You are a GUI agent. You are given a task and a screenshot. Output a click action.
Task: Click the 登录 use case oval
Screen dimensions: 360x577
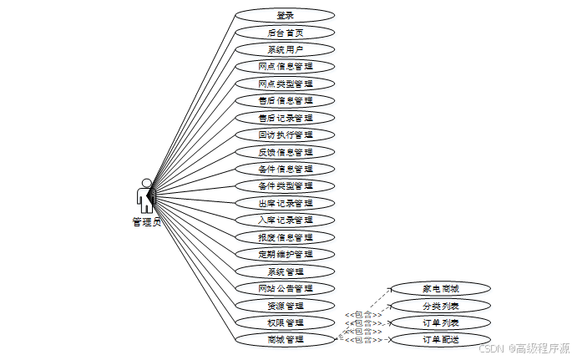pos(285,15)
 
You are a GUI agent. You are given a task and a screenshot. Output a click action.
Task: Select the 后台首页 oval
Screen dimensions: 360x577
pos(285,33)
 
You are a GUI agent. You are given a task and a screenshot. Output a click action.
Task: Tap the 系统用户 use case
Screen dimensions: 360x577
pos(285,49)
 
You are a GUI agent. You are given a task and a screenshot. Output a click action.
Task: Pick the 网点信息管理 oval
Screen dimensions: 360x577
pos(285,66)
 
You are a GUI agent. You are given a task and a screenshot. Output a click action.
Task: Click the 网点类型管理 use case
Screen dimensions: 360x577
pos(285,84)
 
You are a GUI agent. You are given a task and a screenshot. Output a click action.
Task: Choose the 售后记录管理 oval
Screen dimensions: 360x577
pos(285,118)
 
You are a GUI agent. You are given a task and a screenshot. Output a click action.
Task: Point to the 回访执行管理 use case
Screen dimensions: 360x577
pos(285,134)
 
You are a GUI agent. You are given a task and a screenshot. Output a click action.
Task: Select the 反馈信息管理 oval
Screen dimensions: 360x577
pos(285,152)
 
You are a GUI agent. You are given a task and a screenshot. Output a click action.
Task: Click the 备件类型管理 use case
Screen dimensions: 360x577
pos(285,185)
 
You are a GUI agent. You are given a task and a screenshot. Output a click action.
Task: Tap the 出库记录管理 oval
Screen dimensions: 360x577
pos(285,203)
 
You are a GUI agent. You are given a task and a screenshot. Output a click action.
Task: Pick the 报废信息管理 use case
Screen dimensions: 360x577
pos(285,237)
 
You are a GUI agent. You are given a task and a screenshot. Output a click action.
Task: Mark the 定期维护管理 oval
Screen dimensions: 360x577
pos(285,254)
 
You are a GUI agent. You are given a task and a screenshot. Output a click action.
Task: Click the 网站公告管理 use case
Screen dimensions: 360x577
pos(285,288)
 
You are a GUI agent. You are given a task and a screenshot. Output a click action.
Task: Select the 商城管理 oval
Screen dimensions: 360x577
pos(285,339)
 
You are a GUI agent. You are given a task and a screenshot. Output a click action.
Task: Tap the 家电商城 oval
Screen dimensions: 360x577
pos(441,288)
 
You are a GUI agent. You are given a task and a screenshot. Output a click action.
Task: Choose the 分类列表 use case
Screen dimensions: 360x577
pos(441,306)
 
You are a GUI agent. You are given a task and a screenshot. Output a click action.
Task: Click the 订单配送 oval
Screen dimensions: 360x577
pos(441,339)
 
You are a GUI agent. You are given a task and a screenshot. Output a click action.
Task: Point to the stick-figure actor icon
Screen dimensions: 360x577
pos(146,196)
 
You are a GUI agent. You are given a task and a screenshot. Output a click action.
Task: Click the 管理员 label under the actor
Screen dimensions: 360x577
pos(146,222)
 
